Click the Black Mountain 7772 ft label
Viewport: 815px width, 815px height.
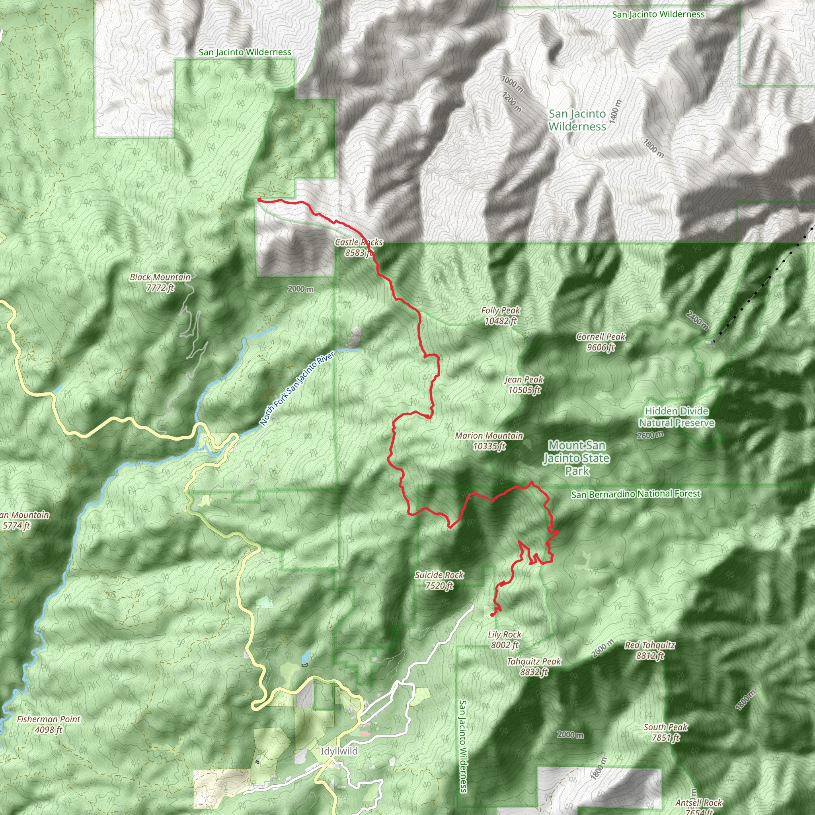(x=160, y=282)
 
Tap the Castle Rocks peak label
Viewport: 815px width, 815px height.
(x=359, y=247)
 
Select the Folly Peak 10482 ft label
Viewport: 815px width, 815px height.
(x=500, y=316)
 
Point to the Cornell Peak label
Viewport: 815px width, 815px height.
(x=600, y=342)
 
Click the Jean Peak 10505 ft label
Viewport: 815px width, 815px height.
(x=524, y=384)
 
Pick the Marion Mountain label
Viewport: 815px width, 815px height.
(x=489, y=441)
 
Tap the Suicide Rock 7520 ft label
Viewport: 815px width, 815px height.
(x=439, y=580)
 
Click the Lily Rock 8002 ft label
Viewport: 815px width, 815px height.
(x=505, y=640)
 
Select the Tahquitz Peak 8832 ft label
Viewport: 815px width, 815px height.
(x=534, y=667)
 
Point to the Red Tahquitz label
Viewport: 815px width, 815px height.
(x=649, y=650)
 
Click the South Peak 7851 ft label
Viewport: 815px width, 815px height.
(x=665, y=732)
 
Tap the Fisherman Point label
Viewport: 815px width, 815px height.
(x=49, y=724)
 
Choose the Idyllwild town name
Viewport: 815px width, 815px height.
(x=339, y=751)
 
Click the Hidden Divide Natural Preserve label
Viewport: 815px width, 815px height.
(x=676, y=417)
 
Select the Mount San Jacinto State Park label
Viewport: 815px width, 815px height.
(x=577, y=458)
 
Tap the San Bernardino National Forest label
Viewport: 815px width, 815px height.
(x=636, y=494)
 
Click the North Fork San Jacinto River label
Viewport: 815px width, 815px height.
(x=297, y=388)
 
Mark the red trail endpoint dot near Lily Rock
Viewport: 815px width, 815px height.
(x=492, y=615)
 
